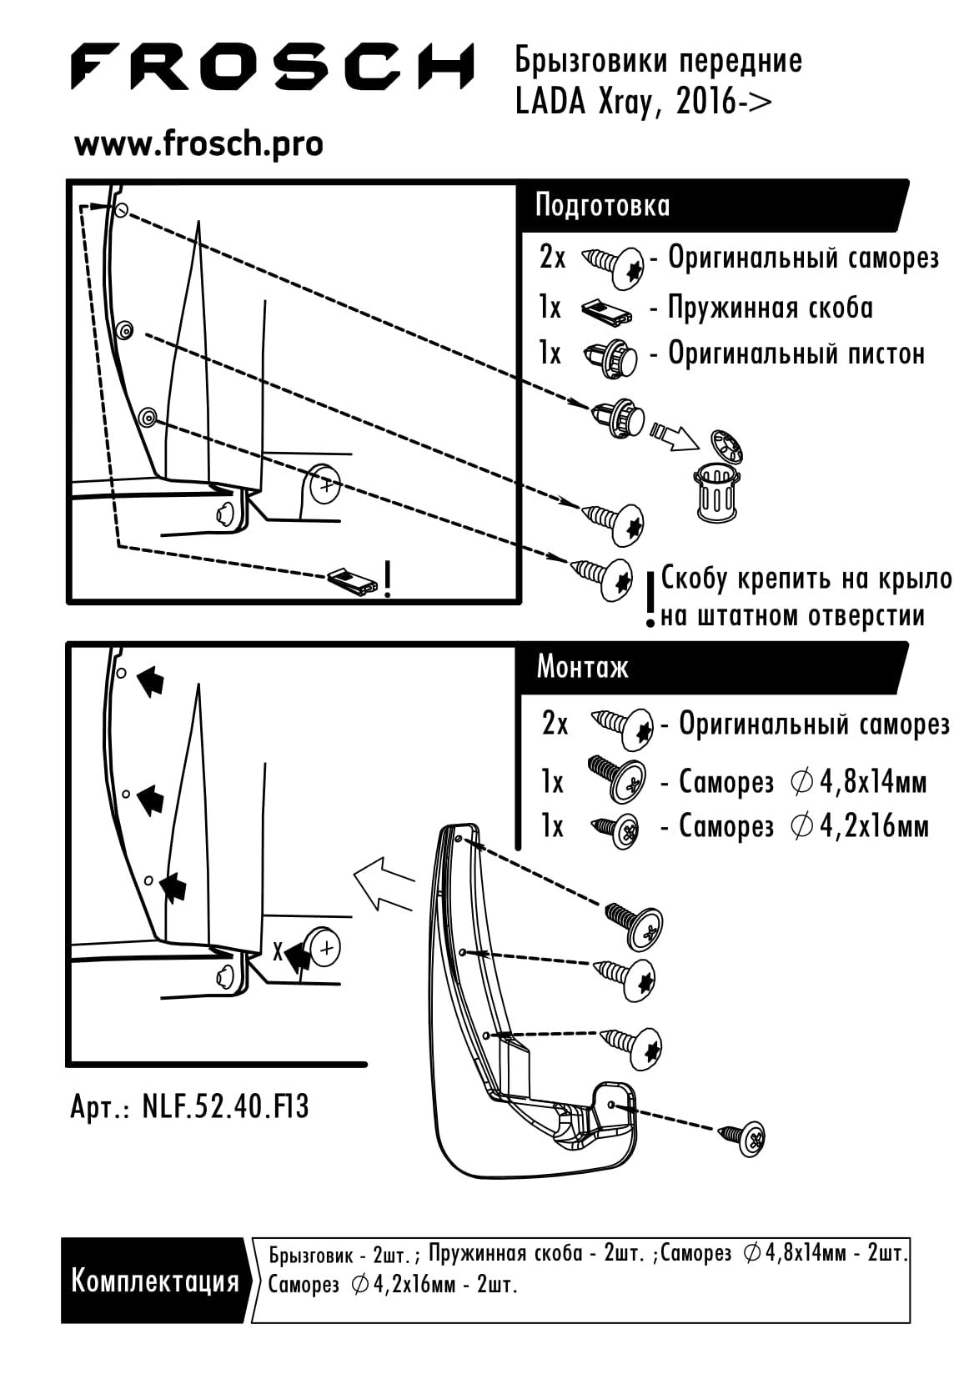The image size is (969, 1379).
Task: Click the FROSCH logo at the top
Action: coord(272,67)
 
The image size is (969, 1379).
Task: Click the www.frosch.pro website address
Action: coord(198,145)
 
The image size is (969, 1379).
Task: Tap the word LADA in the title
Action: coord(550,103)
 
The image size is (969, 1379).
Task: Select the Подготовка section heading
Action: coord(602,205)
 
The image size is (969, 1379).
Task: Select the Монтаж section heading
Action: coord(582,667)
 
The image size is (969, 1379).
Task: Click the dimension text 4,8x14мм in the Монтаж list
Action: coord(873,782)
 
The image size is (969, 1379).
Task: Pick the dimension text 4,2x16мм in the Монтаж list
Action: coord(874,826)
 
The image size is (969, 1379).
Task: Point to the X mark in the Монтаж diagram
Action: coord(279,952)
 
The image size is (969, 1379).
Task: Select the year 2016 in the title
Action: coord(705,103)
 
